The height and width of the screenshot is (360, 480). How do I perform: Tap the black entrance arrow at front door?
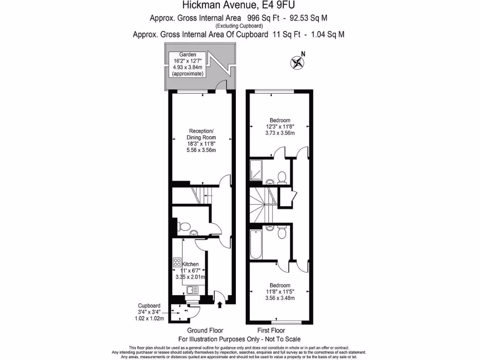tap(219, 305)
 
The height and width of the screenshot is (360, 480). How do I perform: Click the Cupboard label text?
tap(150, 306)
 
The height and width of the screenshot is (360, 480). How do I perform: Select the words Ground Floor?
tap(205, 330)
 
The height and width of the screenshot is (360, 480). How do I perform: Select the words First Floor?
tap(271, 330)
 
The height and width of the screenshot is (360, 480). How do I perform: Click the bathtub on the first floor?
tap(255, 245)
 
